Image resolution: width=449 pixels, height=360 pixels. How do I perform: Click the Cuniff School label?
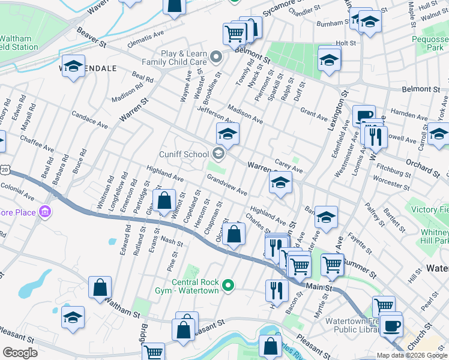click(188, 154)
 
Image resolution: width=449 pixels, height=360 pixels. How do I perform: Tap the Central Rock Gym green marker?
click(228, 285)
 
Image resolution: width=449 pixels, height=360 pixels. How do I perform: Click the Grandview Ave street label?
click(227, 185)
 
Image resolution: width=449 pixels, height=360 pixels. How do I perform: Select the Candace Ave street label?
click(89, 120)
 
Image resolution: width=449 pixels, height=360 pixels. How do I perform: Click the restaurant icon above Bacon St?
click(276, 289)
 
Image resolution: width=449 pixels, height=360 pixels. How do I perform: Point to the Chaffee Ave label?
click(37, 146)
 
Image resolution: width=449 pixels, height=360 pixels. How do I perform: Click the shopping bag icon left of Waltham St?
click(100, 286)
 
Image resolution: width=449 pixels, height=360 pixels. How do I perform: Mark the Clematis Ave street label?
click(146, 41)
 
